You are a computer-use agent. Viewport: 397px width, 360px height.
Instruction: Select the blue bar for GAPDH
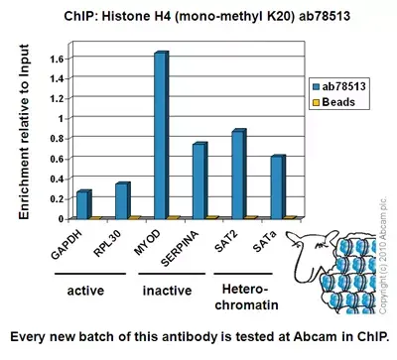pos(83,204)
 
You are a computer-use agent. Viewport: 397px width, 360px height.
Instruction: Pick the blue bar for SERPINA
pos(198,180)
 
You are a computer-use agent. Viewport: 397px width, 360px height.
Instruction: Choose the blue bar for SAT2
pos(237,174)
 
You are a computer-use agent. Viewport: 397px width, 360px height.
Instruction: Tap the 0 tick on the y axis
pos(59,218)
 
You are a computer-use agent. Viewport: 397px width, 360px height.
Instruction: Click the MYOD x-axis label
pos(146,237)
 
